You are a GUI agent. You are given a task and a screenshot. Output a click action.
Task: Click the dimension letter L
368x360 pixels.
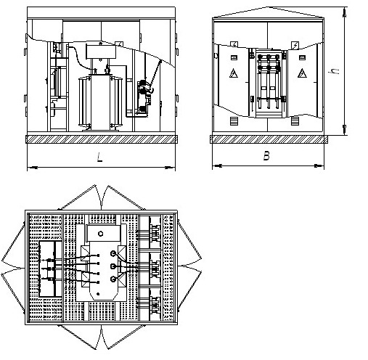point(99,157)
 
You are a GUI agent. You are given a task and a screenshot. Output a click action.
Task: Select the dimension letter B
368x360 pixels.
point(266,156)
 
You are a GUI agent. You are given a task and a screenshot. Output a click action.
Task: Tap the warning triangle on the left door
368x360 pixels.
point(234,73)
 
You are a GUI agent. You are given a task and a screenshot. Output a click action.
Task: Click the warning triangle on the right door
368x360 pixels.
point(302,73)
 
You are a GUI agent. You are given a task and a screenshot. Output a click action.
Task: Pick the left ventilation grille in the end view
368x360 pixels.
point(234,121)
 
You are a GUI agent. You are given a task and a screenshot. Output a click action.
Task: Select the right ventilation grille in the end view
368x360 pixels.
point(295,121)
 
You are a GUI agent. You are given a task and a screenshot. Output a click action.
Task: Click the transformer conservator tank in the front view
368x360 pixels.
point(101,52)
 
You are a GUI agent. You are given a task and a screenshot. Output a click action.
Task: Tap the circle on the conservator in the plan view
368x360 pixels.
point(101,234)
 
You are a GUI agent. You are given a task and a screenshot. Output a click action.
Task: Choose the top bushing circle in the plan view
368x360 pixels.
point(113,253)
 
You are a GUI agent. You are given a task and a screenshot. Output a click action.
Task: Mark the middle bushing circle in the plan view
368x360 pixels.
point(113,266)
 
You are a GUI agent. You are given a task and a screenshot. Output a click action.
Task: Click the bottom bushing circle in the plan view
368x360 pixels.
point(113,279)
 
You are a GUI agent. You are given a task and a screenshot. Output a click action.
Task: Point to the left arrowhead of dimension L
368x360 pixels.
point(33,167)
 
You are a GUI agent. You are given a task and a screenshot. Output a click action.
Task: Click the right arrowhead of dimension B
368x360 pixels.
point(319,165)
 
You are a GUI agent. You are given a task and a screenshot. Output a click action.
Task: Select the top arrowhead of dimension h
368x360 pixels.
point(345,12)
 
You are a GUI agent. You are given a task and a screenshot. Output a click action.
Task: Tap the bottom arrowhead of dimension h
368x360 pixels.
point(345,130)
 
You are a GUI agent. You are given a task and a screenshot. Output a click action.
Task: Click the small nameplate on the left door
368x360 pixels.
point(234,57)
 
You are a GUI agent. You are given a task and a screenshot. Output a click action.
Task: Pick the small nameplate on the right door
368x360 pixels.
point(302,57)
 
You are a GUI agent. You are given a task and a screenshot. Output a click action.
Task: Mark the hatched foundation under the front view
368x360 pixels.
point(102,139)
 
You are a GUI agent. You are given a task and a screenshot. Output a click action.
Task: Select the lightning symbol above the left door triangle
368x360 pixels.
point(234,44)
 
